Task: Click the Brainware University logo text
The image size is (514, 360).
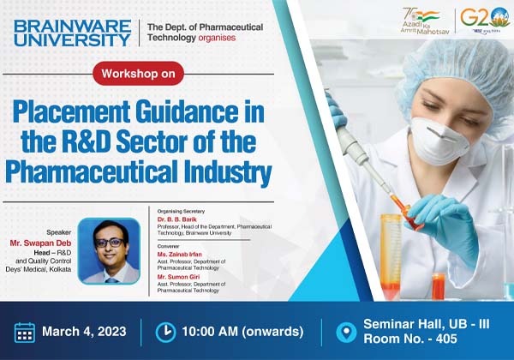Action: click(x=72, y=32)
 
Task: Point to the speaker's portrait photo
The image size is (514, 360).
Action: click(x=109, y=250)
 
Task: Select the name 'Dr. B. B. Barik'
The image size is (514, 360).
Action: click(x=182, y=219)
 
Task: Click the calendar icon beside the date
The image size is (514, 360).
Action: click(x=25, y=332)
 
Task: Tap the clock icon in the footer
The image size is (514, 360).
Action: click(x=164, y=332)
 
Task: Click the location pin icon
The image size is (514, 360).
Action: click(x=346, y=332)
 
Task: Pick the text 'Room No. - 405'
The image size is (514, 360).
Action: click(x=408, y=340)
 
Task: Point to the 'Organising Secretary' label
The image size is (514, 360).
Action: click(x=183, y=210)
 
